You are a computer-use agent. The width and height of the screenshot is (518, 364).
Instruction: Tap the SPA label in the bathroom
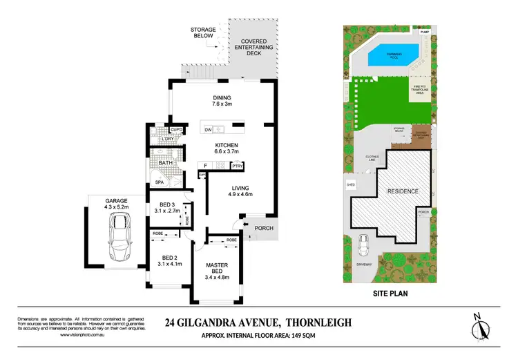[x=159, y=182]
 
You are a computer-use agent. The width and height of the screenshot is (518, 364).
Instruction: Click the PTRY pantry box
[x=238, y=166]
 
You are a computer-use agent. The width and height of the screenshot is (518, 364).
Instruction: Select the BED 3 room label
[x=167, y=204]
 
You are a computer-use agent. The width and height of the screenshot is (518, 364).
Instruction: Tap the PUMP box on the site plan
[x=423, y=31]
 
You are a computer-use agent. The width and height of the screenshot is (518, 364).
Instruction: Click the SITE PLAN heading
[x=386, y=293]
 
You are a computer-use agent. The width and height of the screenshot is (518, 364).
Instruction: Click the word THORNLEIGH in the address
[x=318, y=322]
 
